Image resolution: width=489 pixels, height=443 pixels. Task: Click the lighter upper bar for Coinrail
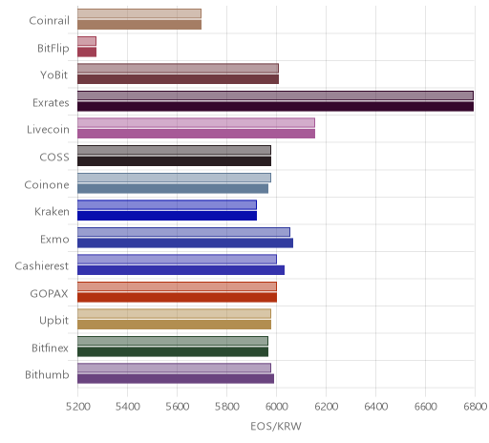(139, 13)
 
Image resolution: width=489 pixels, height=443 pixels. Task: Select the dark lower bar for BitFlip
(87, 52)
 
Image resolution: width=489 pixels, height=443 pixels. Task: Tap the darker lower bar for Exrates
(276, 106)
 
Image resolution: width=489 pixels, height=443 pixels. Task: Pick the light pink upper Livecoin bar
(197, 123)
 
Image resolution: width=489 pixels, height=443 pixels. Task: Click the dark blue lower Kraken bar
(167, 216)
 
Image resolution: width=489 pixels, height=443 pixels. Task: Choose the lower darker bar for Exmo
(185, 243)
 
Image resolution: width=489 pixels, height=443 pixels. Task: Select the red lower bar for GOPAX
(178, 297)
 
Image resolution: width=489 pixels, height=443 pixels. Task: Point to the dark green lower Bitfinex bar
(173, 351)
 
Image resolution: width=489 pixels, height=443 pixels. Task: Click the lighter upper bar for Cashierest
(178, 260)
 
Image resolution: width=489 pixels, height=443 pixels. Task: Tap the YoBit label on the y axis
(54, 75)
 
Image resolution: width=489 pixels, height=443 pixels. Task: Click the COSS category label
(54, 157)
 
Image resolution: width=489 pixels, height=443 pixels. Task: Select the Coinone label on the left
(47, 184)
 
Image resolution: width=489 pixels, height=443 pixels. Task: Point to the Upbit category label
(53, 321)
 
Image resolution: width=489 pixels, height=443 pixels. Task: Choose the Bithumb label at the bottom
(47, 374)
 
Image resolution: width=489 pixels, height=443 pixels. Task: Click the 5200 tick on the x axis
(78, 407)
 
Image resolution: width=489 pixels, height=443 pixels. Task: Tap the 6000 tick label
(276, 407)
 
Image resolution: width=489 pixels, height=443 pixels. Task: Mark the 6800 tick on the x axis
(475, 407)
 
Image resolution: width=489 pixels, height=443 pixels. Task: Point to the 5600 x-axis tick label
(178, 407)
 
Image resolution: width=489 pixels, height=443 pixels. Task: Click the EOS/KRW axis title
(276, 426)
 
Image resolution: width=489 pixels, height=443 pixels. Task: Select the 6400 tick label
(375, 407)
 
